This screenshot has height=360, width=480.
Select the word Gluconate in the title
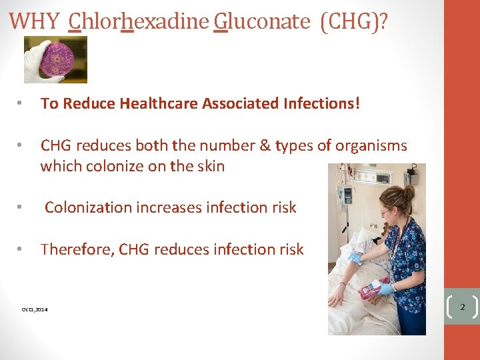(262, 21)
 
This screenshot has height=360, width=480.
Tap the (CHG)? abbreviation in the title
(354, 21)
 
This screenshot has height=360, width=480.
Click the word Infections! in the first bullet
(321, 103)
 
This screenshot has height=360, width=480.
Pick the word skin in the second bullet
(210, 166)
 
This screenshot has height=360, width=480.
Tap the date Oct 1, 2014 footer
(35, 309)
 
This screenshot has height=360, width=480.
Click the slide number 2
(461, 307)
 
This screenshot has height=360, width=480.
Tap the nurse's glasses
(385, 211)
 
